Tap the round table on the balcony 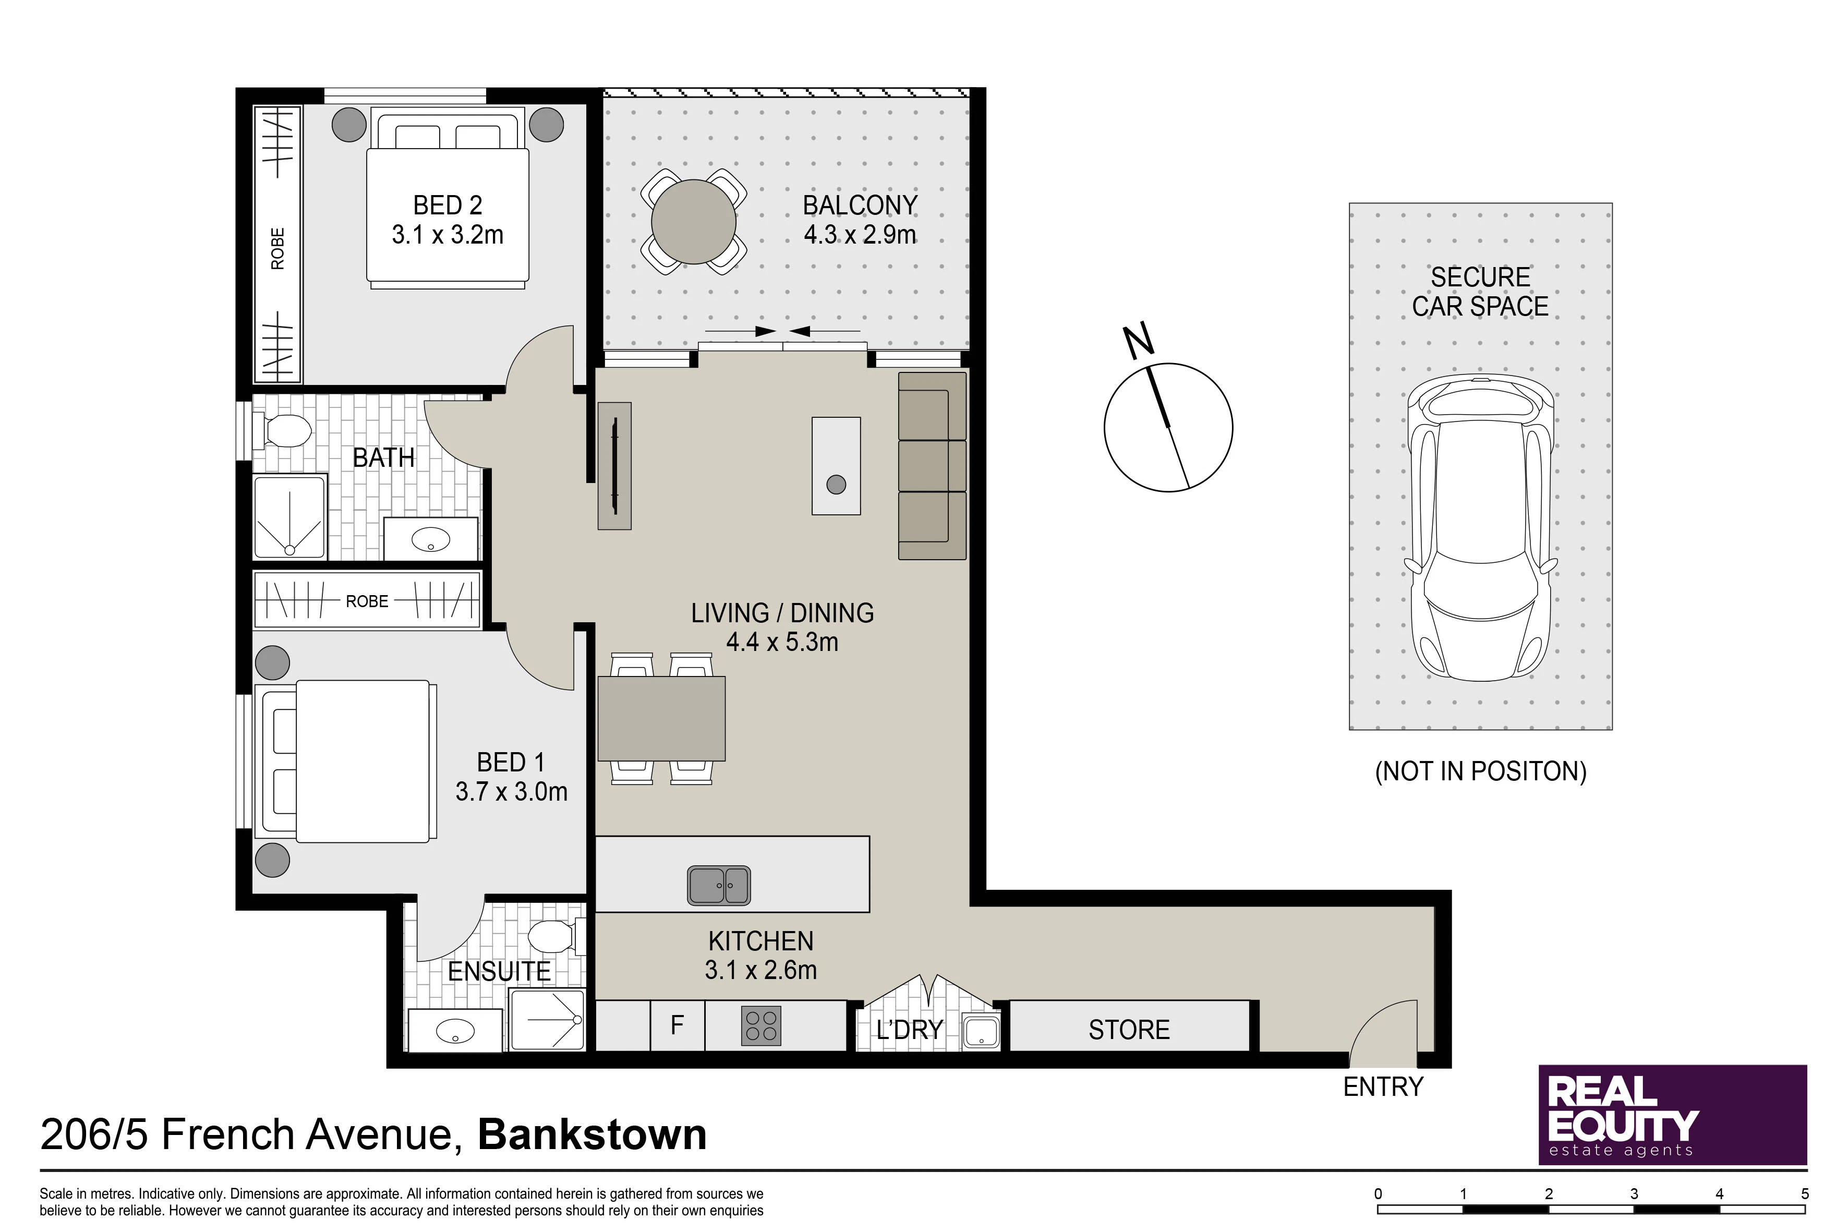(694, 222)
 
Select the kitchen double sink (719, 886)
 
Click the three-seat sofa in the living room (933, 466)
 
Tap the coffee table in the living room (836, 466)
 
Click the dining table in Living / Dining (661, 718)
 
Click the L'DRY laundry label (909, 1029)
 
